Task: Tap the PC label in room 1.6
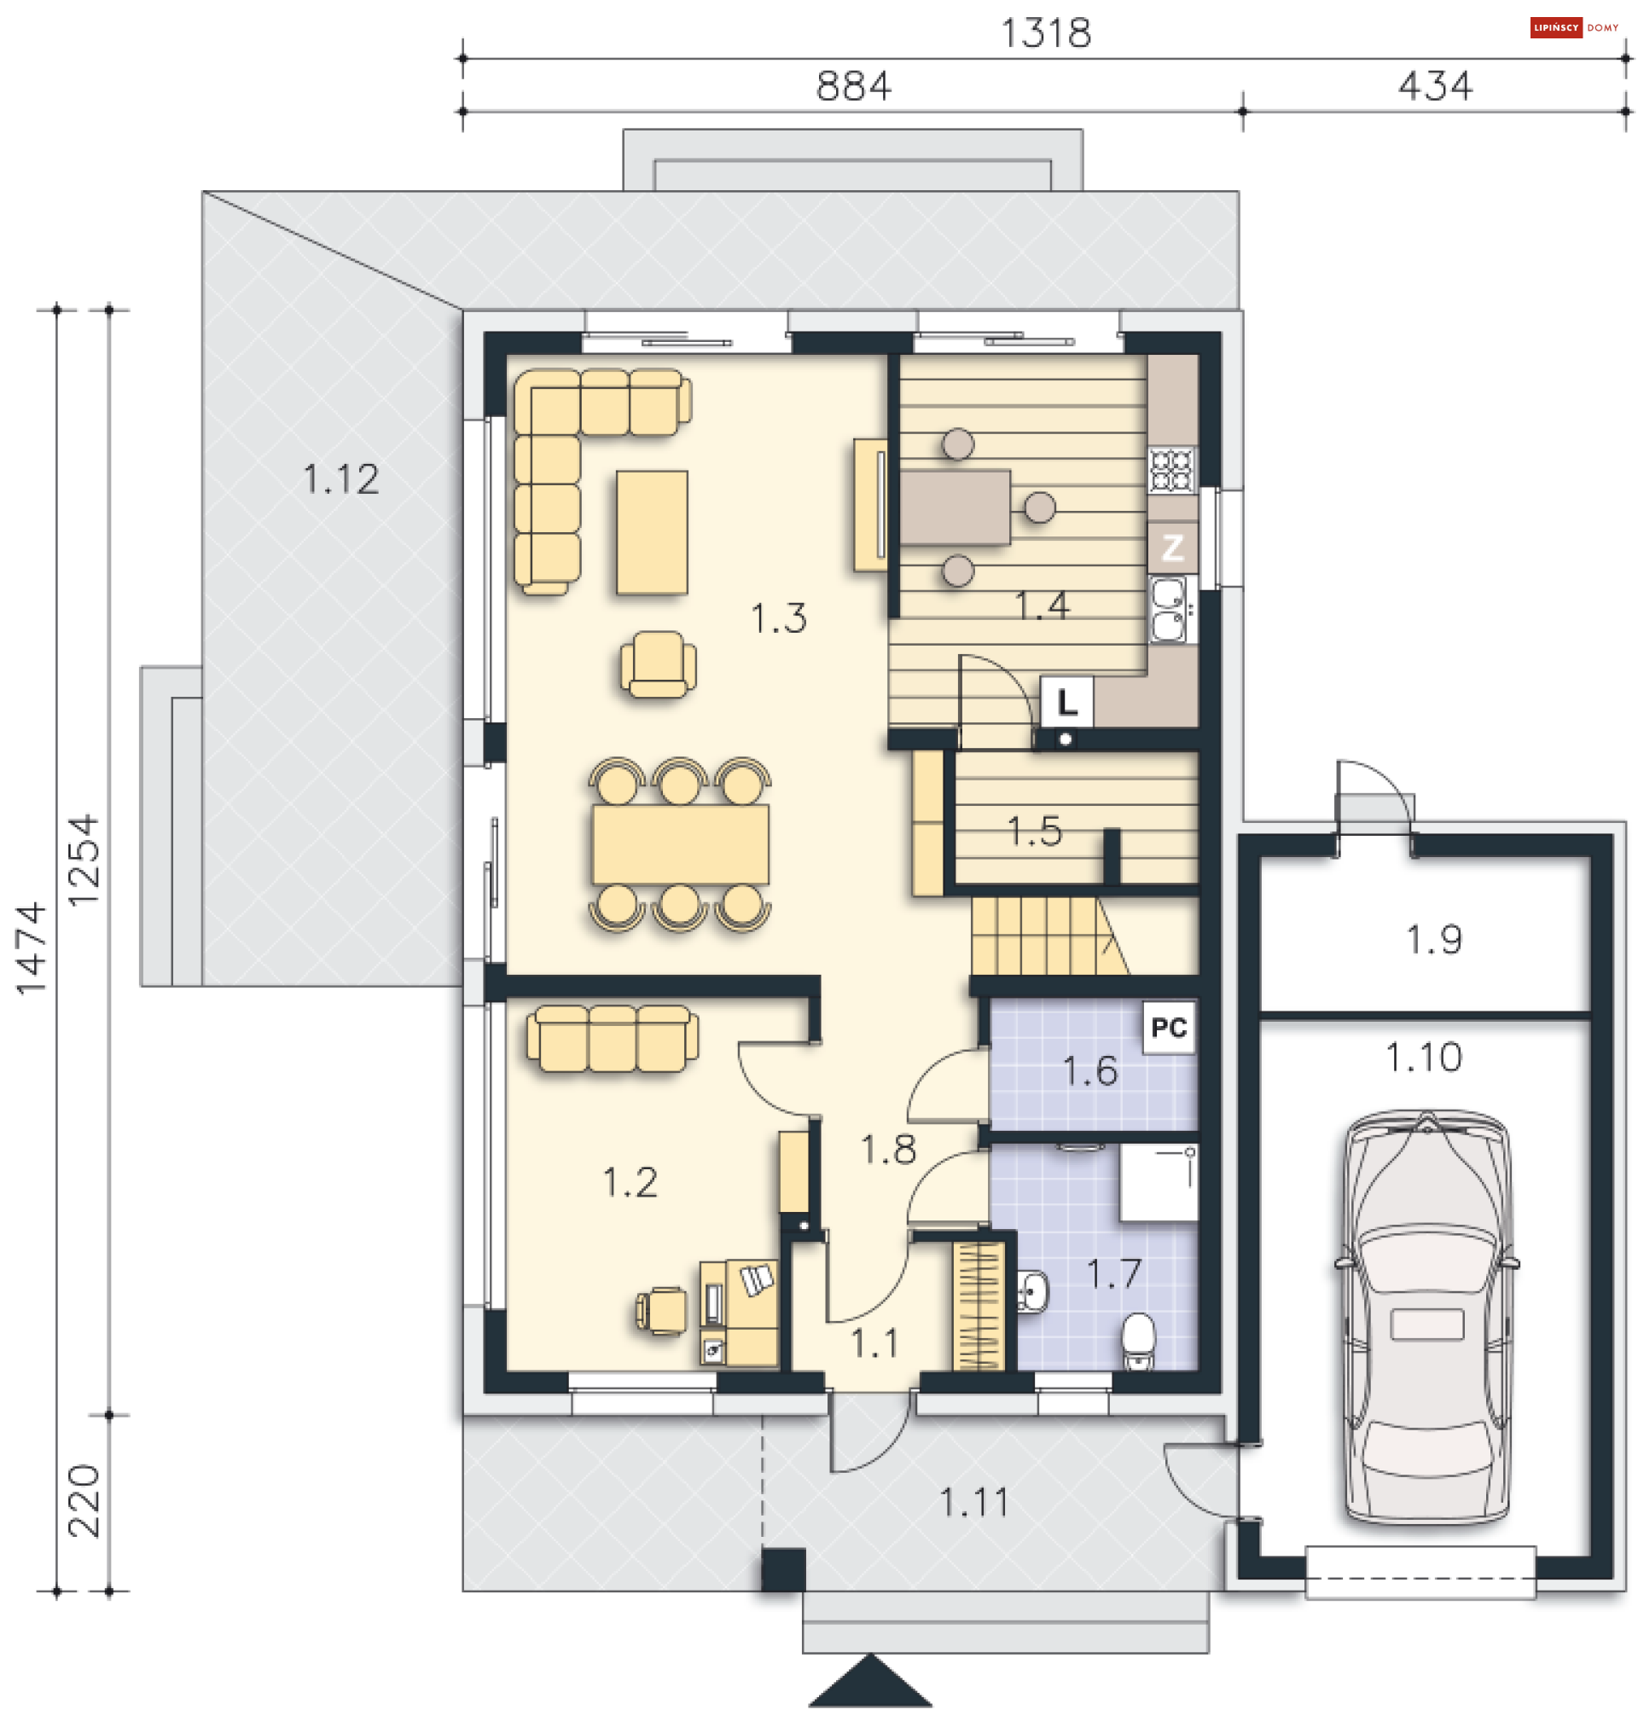tap(1168, 1027)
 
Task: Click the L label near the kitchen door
tap(1066, 702)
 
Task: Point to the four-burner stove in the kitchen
tap(1170, 469)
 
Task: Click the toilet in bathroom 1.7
tap(1137, 1342)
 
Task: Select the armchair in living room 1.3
tap(658, 664)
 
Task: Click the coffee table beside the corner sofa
tap(652, 532)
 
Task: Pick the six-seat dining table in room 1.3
tap(680, 844)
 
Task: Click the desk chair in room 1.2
tap(660, 1310)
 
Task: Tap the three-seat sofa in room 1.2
tap(612, 1038)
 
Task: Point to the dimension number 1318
tap(1044, 33)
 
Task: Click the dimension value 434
tap(1434, 85)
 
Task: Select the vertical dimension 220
tap(84, 1500)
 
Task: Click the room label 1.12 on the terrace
tap(340, 479)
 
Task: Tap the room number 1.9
tap(1433, 940)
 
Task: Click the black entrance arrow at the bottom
tap(869, 1680)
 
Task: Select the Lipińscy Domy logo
tap(1573, 28)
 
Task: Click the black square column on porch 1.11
tap(783, 1569)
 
